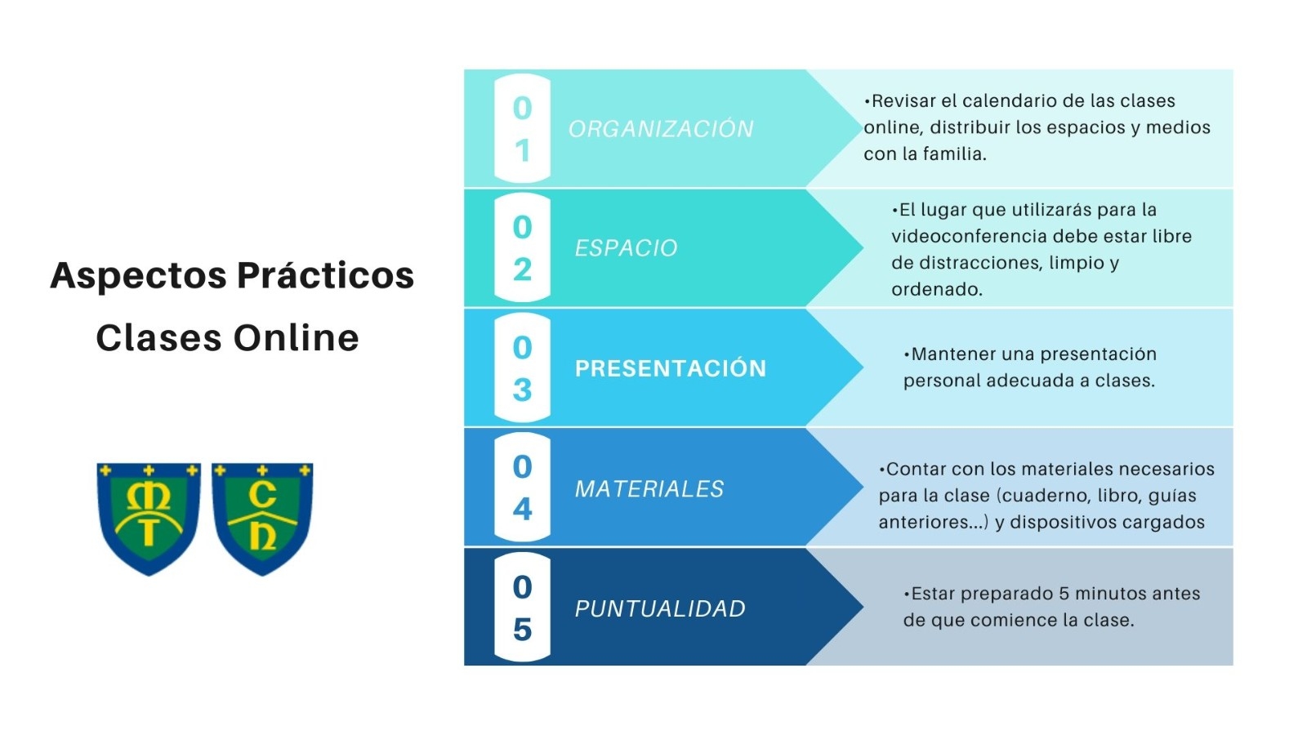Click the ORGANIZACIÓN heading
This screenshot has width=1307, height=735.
click(x=661, y=128)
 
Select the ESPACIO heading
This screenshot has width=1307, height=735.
click(x=626, y=248)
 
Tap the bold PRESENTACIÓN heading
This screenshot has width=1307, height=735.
click(x=671, y=368)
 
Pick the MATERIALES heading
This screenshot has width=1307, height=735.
click(x=649, y=489)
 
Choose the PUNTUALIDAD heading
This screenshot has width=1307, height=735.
click(x=660, y=608)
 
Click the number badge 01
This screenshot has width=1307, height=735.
click(x=522, y=129)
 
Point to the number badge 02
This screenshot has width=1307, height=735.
click(x=522, y=248)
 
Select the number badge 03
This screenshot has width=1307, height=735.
click(x=522, y=368)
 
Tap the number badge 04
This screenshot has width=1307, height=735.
click(x=522, y=488)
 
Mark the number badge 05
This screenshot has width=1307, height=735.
click(x=522, y=608)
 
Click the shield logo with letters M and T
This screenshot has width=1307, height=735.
click(x=149, y=519)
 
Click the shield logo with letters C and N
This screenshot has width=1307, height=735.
click(x=262, y=519)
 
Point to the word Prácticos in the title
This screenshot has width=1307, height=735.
click(x=326, y=275)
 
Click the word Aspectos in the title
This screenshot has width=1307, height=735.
click(x=138, y=276)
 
